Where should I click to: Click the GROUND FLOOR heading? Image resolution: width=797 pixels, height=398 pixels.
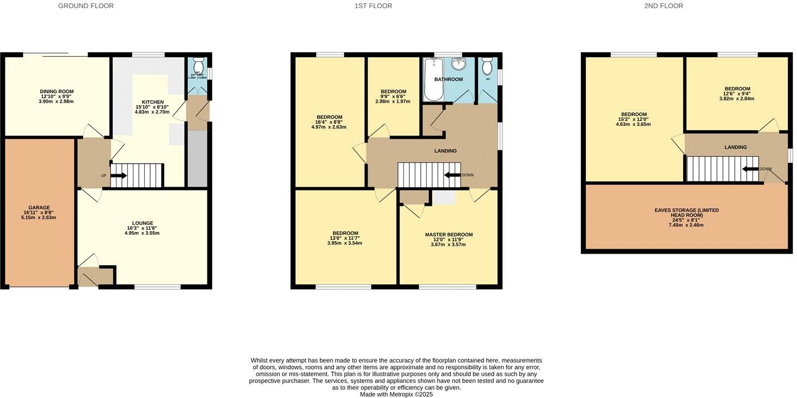click(x=86, y=6)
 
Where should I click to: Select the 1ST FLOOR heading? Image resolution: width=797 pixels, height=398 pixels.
click(x=373, y=6)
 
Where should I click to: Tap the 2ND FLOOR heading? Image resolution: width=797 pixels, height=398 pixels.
click(x=664, y=6)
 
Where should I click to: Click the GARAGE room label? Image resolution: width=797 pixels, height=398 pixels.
click(x=39, y=207)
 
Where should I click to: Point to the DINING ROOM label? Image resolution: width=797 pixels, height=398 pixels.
click(x=57, y=91)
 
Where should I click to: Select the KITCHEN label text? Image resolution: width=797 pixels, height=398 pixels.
click(x=152, y=102)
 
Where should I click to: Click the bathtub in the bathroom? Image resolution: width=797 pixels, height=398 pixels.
click(x=433, y=79)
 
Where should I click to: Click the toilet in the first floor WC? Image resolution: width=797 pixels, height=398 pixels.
click(x=487, y=66)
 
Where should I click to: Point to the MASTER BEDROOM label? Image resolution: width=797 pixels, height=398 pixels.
click(x=449, y=235)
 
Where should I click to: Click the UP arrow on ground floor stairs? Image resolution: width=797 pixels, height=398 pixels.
click(x=119, y=175)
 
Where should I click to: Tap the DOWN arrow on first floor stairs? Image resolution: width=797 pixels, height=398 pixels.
click(x=452, y=175)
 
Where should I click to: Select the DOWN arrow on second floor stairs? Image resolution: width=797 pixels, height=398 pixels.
click(x=751, y=169)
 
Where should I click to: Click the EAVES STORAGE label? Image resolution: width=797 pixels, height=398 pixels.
click(x=686, y=212)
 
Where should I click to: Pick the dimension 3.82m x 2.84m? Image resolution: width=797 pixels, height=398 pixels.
click(x=737, y=99)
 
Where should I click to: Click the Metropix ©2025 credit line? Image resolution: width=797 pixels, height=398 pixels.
click(x=396, y=394)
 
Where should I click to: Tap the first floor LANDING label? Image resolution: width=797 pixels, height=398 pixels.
click(x=445, y=151)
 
